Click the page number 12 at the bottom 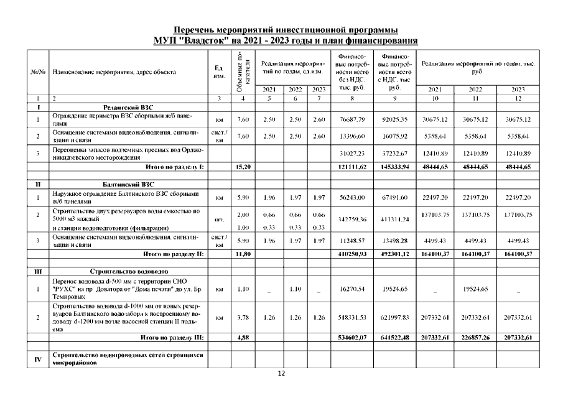pos(281,373)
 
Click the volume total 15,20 pos(243,167)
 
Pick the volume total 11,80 pos(243,254)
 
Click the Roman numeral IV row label pos(38,358)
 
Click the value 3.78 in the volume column pos(243,318)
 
